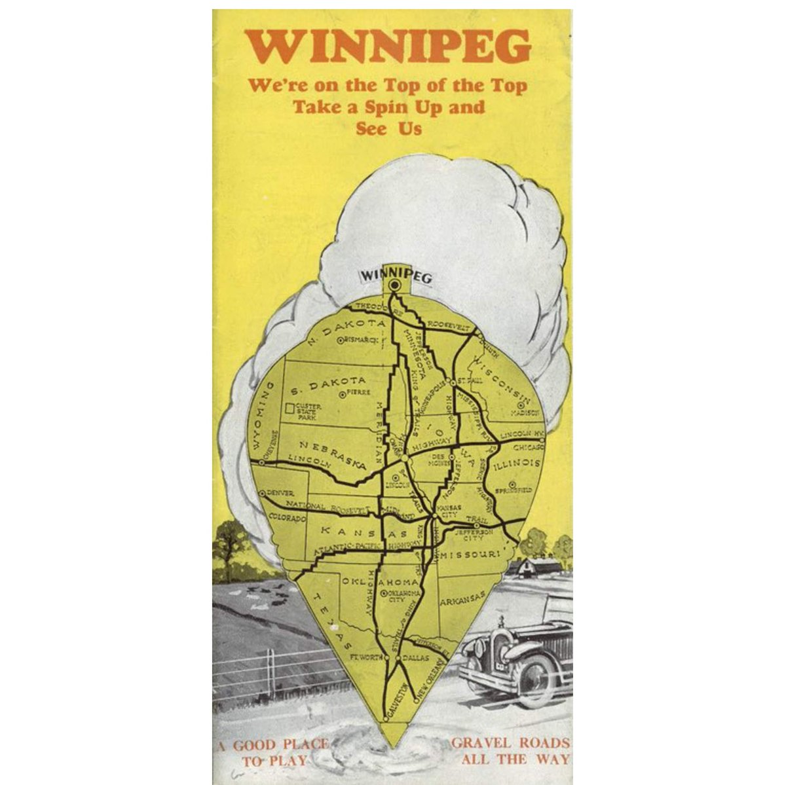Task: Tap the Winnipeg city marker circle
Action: (x=394, y=285)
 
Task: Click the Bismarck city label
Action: (x=360, y=340)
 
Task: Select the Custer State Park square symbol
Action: (x=290, y=410)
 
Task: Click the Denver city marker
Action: (x=261, y=492)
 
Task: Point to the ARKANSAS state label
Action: (x=462, y=598)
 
